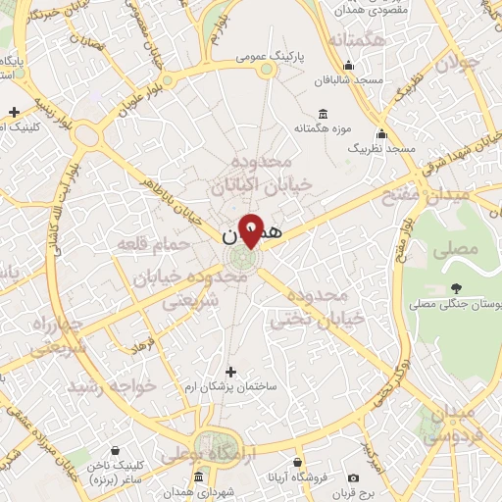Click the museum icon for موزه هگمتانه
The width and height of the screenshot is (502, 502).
click(x=323, y=113)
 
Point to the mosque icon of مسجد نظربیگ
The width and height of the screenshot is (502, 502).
click(x=381, y=133)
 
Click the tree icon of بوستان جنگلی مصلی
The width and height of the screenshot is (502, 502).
click(x=456, y=288)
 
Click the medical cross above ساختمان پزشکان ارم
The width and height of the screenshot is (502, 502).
click(x=231, y=372)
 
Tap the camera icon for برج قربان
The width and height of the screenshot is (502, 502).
click(x=353, y=477)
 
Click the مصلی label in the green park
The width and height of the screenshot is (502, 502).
click(x=459, y=249)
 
